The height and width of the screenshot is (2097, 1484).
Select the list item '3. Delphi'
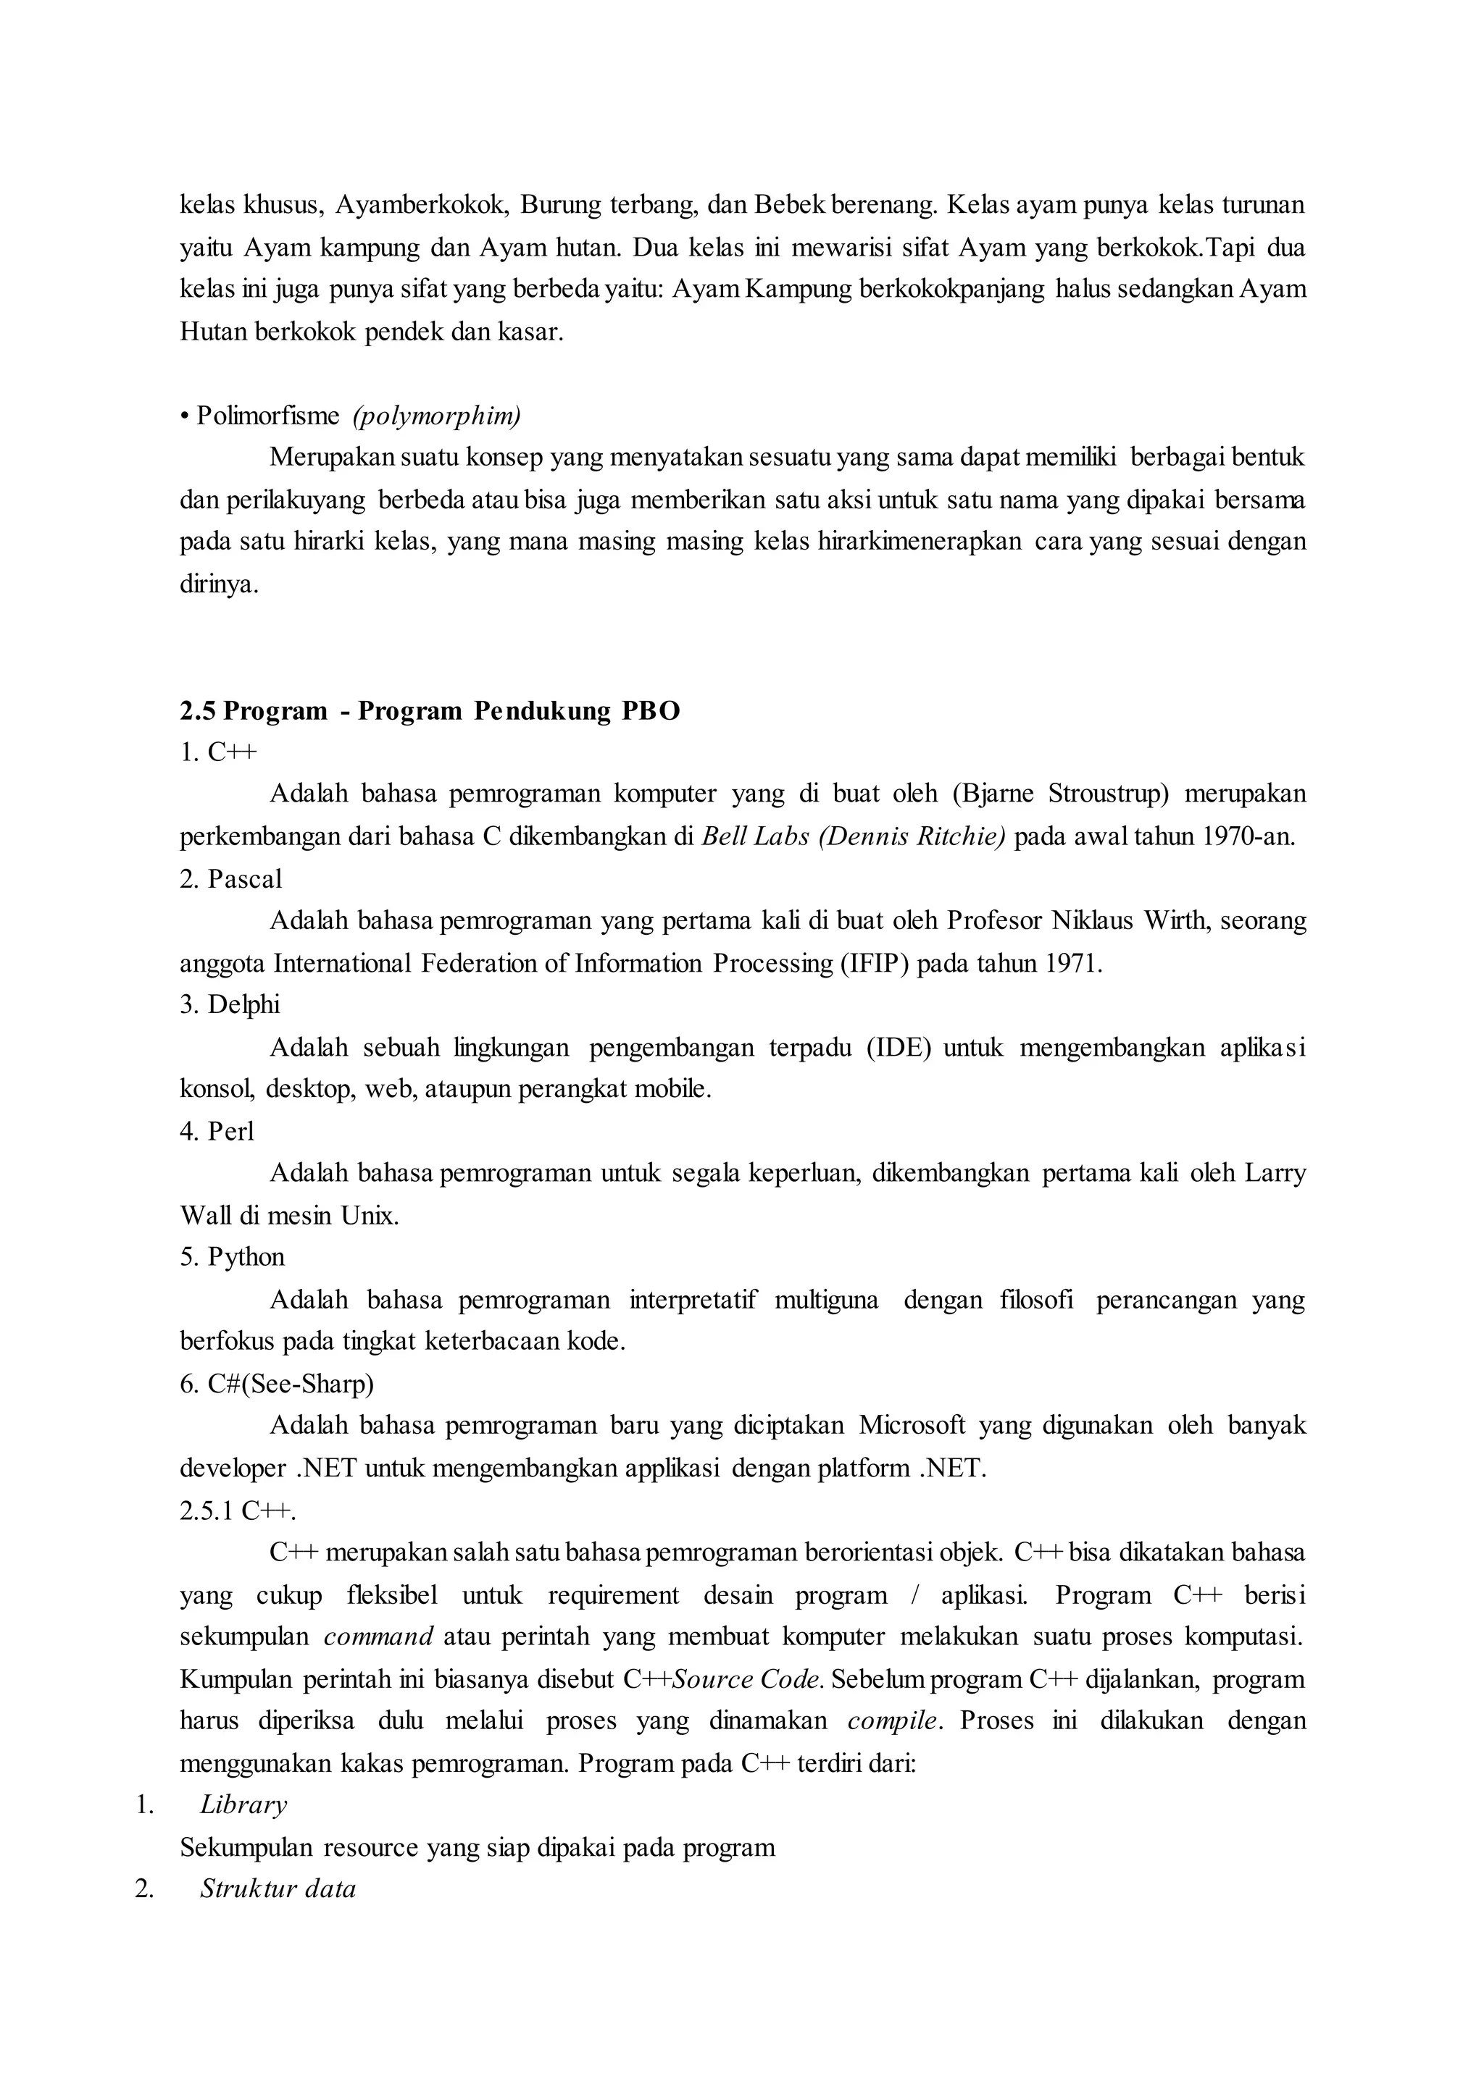230,1004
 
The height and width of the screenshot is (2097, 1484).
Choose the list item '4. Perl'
217,1132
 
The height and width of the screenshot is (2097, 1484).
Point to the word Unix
370,1216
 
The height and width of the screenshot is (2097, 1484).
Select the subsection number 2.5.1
207,1510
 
